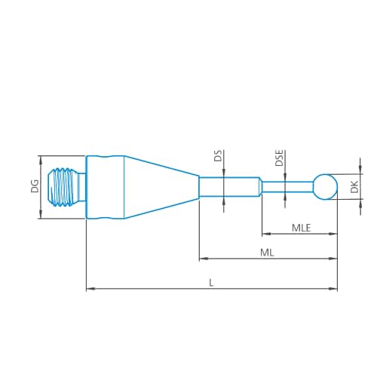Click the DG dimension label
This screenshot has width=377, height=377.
click(x=34, y=187)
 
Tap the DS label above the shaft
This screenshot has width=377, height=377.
click(x=218, y=157)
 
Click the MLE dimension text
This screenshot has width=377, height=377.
click(x=302, y=227)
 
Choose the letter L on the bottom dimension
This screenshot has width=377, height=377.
click(x=211, y=282)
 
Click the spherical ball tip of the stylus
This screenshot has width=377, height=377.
click(x=325, y=186)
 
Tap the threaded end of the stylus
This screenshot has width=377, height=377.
click(x=66, y=187)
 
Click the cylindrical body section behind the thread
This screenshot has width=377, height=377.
click(x=105, y=187)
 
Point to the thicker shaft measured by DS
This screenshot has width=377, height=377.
click(x=230, y=185)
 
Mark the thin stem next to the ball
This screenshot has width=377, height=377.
click(x=287, y=186)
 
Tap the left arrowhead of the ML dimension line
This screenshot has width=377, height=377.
click(x=203, y=259)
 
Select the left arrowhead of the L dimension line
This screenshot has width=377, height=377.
click(x=90, y=289)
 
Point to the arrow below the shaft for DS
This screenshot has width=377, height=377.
click(x=224, y=199)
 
